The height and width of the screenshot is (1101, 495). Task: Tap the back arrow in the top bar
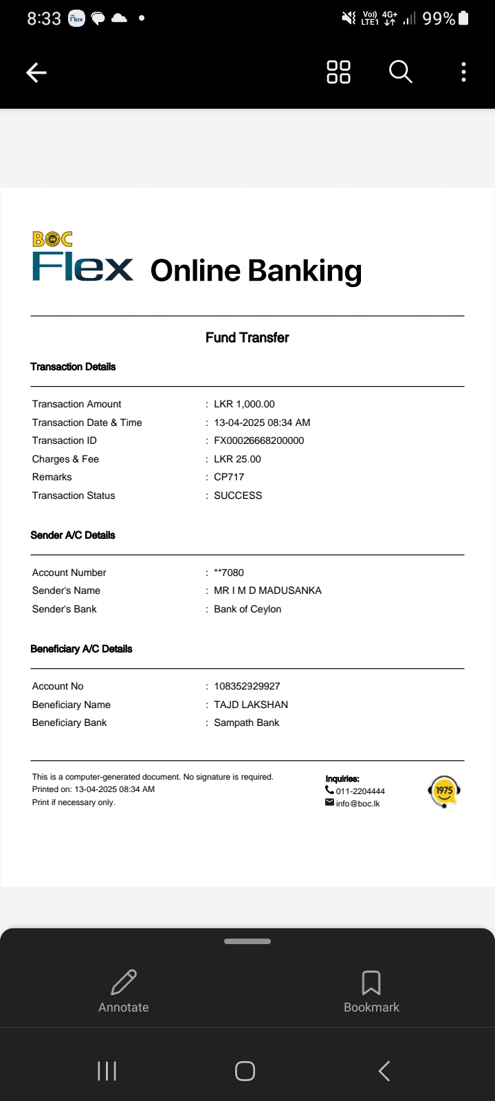coord(36,72)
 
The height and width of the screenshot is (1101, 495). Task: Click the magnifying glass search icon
coord(400,72)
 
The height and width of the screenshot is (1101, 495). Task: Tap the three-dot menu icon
coord(464,72)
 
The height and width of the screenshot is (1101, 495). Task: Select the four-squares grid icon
coord(338,72)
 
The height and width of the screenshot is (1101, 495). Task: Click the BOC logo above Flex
coord(52,239)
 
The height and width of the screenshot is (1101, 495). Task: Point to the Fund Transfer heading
coord(247,337)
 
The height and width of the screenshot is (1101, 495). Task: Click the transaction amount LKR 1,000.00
coord(244,404)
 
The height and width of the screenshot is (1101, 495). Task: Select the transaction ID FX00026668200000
coord(258,440)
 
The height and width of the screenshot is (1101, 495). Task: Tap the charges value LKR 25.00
coord(237,459)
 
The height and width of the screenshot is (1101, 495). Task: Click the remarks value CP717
coord(229,477)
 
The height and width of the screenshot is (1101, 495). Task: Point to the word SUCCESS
coord(238,495)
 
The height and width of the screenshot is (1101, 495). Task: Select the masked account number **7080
coord(229,573)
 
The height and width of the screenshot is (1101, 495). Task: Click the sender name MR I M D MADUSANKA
coord(267,590)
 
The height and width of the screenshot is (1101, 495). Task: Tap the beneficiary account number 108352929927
coord(247,686)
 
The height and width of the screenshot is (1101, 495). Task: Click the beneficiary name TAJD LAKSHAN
coord(251,705)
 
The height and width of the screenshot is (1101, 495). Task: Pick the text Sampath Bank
coord(246,723)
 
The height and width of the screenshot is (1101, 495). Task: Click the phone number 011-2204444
coord(360,791)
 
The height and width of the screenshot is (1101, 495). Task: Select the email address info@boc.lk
coord(357,804)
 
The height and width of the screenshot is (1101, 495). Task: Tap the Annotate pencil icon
coord(124,983)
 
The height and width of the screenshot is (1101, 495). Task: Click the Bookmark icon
coord(371,983)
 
